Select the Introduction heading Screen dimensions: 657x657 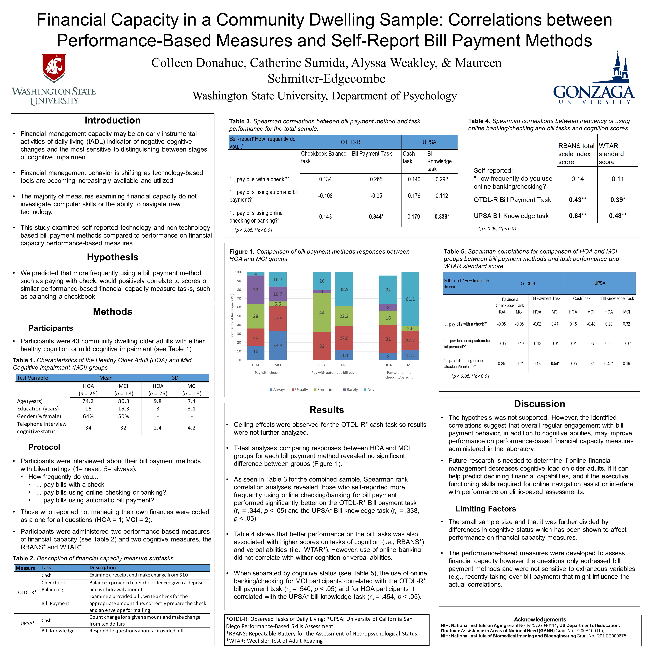click(x=113, y=120)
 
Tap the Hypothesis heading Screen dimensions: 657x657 click(x=113, y=257)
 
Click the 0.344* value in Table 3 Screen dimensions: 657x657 click(x=376, y=217)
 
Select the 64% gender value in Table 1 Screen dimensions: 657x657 click(x=88, y=416)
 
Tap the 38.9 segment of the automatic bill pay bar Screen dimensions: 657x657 click(x=344, y=289)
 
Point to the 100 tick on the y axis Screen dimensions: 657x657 click(x=238, y=272)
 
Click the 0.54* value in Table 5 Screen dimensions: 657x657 click(x=555, y=364)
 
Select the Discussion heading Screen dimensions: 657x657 click(x=539, y=404)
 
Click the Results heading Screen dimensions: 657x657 click(x=326, y=410)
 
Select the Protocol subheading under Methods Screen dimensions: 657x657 click(x=44, y=447)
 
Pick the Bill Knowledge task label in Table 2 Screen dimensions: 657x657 click(x=58, y=631)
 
